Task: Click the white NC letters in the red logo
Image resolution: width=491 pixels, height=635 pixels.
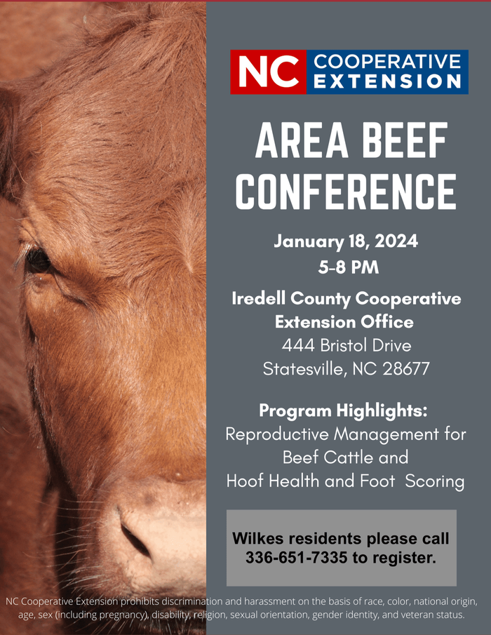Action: (268, 72)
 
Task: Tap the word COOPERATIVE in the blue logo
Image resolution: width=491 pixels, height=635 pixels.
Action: (386, 62)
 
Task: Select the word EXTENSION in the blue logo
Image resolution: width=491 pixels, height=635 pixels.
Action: (386, 82)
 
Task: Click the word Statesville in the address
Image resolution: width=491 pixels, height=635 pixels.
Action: (301, 369)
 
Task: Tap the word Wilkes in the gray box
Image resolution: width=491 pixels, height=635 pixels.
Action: (257, 540)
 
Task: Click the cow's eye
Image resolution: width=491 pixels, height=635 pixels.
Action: (38, 261)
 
